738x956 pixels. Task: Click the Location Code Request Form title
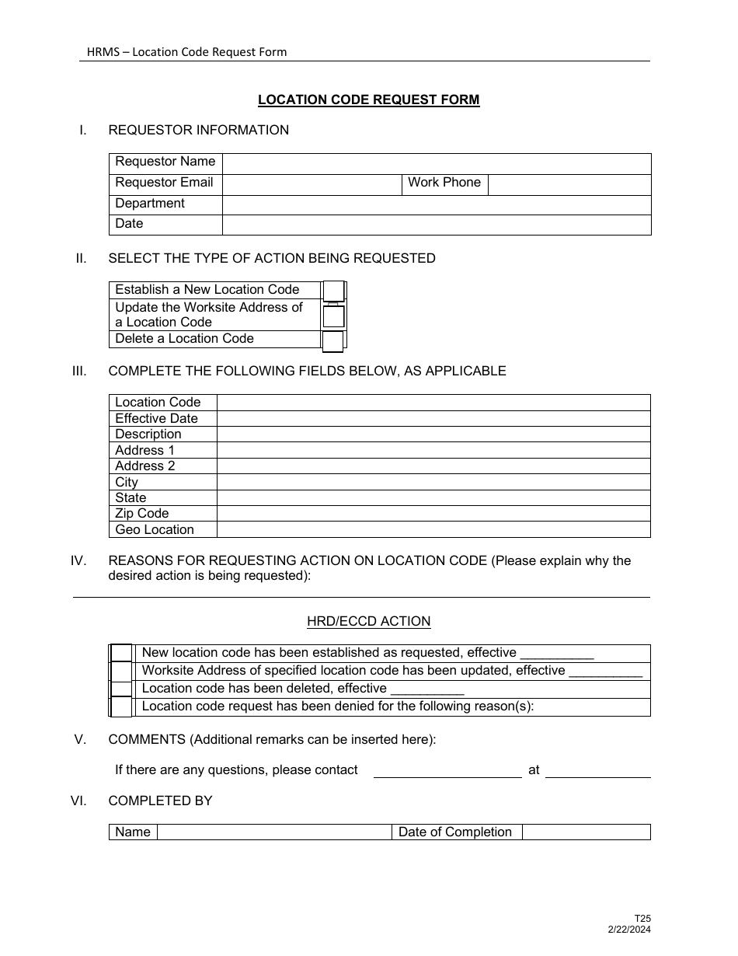point(368,99)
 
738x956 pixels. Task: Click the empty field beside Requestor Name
point(436,163)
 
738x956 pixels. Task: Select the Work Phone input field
point(569,184)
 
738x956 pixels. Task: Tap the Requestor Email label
point(164,183)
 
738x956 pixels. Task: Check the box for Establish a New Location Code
point(334,291)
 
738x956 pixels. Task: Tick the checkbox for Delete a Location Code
point(333,340)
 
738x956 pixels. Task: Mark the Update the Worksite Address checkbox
point(334,316)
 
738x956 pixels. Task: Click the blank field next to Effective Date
point(433,418)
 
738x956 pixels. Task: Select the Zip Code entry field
point(433,514)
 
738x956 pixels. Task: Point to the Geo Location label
point(155,529)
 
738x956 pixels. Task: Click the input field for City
point(433,482)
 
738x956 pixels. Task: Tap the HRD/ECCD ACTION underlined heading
point(368,622)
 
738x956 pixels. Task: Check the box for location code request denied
point(121,707)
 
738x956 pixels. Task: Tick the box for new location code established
point(121,653)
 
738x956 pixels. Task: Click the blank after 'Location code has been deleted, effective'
point(427,689)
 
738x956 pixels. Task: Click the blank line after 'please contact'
point(447,770)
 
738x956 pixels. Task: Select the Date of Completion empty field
point(586,832)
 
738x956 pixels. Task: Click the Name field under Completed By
point(274,832)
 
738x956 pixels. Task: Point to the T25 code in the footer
point(642,919)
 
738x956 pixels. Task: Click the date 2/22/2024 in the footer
point(629,930)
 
